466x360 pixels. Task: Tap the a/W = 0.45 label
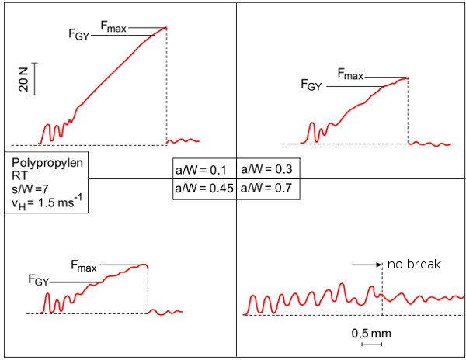tap(203, 188)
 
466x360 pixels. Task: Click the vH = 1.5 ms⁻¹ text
tap(47, 204)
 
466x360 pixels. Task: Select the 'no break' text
tap(414, 265)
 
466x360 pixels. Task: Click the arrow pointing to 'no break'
tap(366, 265)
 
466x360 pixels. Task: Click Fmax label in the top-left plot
tap(114, 28)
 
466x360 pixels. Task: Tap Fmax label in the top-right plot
tap(350, 75)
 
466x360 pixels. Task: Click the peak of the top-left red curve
tap(165, 27)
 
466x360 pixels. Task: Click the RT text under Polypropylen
tap(21, 176)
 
